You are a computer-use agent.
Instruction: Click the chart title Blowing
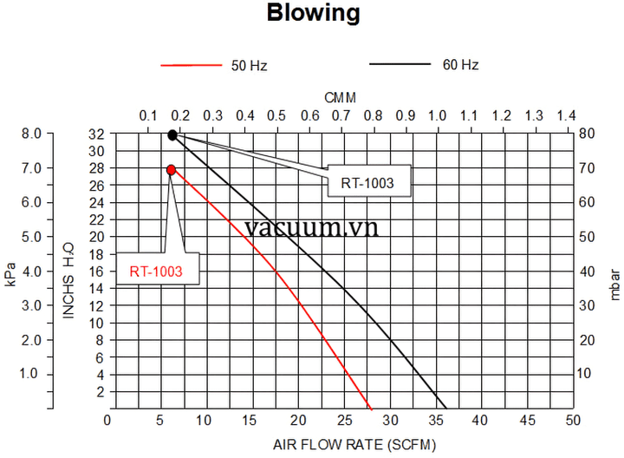point(312,14)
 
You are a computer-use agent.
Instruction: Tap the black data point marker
point(172,135)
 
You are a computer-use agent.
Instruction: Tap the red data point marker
point(172,170)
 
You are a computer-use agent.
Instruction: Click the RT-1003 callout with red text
point(156,272)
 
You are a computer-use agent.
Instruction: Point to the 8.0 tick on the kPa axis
point(31,134)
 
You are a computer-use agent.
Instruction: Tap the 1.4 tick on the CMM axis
point(566,116)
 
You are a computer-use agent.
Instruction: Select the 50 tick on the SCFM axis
point(572,421)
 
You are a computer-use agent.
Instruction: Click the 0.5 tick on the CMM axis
point(276,116)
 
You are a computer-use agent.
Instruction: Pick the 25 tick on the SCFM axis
point(340,421)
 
